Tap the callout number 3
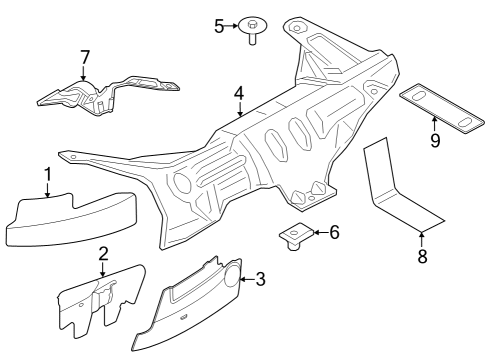tap(261, 279)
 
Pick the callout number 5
tap(219, 25)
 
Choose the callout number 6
tap(334, 233)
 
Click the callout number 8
tap(422, 256)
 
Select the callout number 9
tap(435, 140)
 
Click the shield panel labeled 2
tap(100, 300)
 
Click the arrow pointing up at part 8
tap(422, 238)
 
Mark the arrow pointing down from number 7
tap(84, 72)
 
